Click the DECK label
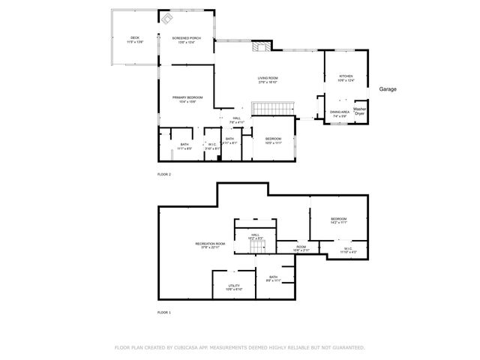135,39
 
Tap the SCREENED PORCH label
186,39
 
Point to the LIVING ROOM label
268,79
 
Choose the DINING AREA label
340,114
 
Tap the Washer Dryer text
360,111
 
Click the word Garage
387,89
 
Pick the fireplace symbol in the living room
260,47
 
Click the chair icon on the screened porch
168,18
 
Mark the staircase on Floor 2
271,109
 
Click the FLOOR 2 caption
164,174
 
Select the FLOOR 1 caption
164,312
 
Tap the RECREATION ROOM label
211,245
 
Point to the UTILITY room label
234,287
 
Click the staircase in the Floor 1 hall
257,247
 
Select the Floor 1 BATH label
273,278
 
